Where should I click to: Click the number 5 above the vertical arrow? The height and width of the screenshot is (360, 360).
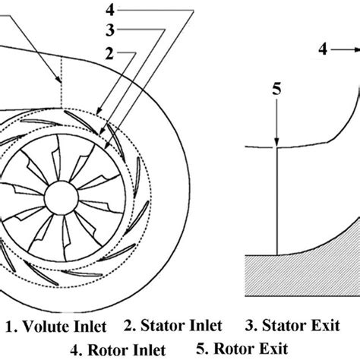pos(278,88)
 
